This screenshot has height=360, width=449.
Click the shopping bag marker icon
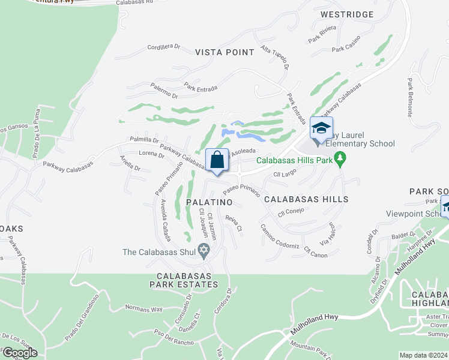click(217, 160)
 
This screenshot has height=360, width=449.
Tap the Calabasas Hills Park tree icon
click(341, 160)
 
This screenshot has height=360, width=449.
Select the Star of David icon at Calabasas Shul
click(203, 252)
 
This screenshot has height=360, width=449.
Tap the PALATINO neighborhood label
click(209, 203)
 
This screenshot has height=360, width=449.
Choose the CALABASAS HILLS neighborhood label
click(306, 199)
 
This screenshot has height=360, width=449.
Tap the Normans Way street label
click(143, 310)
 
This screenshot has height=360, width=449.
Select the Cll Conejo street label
click(292, 212)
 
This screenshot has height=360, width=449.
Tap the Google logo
click(19, 353)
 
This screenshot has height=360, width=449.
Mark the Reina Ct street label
click(233, 224)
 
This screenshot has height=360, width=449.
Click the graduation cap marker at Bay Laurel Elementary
click(321, 128)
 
